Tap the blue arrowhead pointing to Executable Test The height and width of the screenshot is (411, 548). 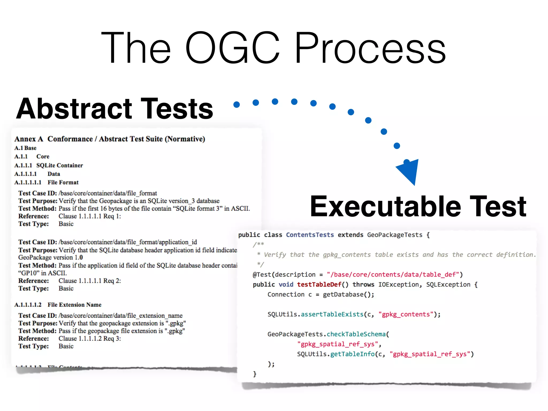pos(409,171)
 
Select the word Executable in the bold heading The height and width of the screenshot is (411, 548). pos(385,206)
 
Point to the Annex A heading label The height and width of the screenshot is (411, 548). pos(29,139)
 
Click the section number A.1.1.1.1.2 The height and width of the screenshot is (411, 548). pos(28,305)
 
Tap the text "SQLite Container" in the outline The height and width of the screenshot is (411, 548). pos(60,165)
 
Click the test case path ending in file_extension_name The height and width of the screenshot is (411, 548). pos(120,316)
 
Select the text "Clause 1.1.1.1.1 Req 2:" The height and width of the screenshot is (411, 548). pos(90,281)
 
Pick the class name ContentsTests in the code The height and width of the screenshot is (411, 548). pos(310,235)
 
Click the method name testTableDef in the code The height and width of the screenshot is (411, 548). pos(319,284)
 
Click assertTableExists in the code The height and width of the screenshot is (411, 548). pos(332,314)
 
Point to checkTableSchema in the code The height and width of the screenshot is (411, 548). pos(356,334)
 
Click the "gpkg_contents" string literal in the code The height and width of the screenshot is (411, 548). pos(406,314)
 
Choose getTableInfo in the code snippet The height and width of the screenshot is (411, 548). pos(352,354)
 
